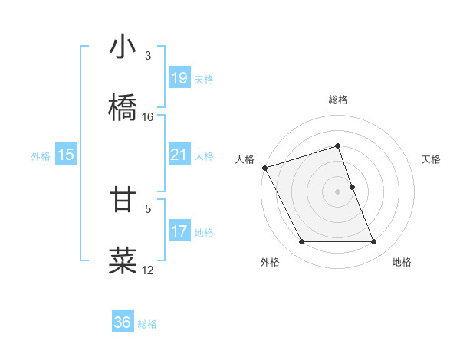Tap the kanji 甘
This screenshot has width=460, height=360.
[123, 199]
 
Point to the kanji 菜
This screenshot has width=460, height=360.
[123, 260]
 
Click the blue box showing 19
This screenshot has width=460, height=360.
[179, 77]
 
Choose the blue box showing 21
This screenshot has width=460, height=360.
[179, 155]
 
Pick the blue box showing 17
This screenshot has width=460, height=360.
[179, 231]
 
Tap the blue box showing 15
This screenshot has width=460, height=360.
[66, 155]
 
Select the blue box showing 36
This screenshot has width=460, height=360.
[123, 322]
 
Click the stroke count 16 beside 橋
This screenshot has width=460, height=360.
[148, 117]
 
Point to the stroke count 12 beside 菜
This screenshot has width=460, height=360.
[148, 270]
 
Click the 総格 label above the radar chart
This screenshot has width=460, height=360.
[338, 100]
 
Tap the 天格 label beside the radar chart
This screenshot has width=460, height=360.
[432, 159]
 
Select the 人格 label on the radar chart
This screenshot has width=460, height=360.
[245, 159]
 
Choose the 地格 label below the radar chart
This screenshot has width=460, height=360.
[402, 262]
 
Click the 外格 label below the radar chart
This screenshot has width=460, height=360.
[270, 262]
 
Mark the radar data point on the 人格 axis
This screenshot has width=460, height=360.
[264, 168]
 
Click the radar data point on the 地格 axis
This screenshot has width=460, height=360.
[374, 242]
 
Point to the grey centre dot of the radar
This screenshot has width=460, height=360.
[338, 191]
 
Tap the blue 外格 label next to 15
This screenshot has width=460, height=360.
[41, 155]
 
